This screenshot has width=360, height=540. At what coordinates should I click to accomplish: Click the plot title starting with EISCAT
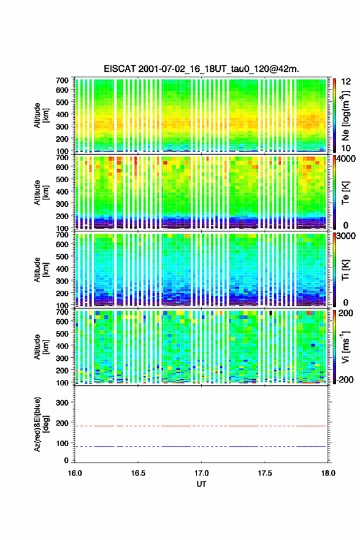(201, 69)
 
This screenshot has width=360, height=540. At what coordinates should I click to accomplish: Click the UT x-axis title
(201, 484)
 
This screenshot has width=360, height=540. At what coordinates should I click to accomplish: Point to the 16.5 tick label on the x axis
(138, 473)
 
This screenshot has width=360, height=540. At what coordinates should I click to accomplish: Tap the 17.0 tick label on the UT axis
(201, 473)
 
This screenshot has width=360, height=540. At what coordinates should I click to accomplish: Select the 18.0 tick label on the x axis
(328, 473)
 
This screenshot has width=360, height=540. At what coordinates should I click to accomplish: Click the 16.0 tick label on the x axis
(75, 473)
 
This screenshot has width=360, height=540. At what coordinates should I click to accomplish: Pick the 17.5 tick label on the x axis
(265, 473)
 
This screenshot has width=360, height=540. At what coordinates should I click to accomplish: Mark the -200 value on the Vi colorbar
(344, 379)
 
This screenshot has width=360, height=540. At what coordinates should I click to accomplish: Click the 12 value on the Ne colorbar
(347, 82)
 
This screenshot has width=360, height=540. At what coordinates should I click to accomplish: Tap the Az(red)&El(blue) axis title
(41, 424)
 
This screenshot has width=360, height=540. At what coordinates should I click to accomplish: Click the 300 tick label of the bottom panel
(63, 403)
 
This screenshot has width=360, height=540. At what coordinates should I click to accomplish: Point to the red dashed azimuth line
(200, 426)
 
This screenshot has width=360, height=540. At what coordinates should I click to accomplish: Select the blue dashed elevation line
(200, 446)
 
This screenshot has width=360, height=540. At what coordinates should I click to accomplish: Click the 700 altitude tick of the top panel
(63, 80)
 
